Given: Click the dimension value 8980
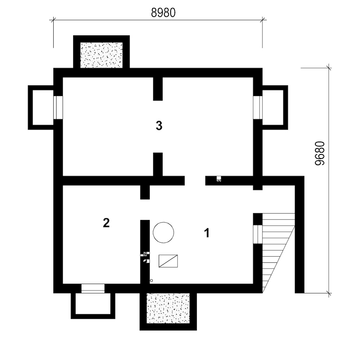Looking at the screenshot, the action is pyautogui.click(x=163, y=13).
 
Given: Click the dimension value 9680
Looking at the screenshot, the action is pyautogui.click(x=320, y=153).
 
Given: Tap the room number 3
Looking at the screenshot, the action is pyautogui.click(x=159, y=126).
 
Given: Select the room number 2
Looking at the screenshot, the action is pyautogui.click(x=106, y=223).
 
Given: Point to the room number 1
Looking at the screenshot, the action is pyautogui.click(x=207, y=233).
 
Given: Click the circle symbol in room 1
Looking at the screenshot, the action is pyautogui.click(x=163, y=232).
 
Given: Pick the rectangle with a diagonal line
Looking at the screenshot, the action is pyautogui.click(x=168, y=261).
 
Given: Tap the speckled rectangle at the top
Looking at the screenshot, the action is pyautogui.click(x=102, y=55).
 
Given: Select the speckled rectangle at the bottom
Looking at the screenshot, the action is pyautogui.click(x=168, y=308).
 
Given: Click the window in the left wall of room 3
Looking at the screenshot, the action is pyautogui.click(x=58, y=108).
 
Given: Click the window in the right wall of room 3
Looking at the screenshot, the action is pyautogui.click(x=258, y=108).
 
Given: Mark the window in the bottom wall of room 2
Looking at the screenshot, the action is pyautogui.click(x=93, y=289).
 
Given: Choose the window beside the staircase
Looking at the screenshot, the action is pyautogui.click(x=258, y=234).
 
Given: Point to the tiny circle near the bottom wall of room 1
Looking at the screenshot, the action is pyautogui.click(x=151, y=280).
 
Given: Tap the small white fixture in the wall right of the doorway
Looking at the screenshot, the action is pyautogui.click(x=219, y=179).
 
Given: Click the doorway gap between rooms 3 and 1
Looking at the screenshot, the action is pyautogui.click(x=195, y=181).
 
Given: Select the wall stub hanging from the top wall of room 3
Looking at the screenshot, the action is pyautogui.click(x=158, y=89).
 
